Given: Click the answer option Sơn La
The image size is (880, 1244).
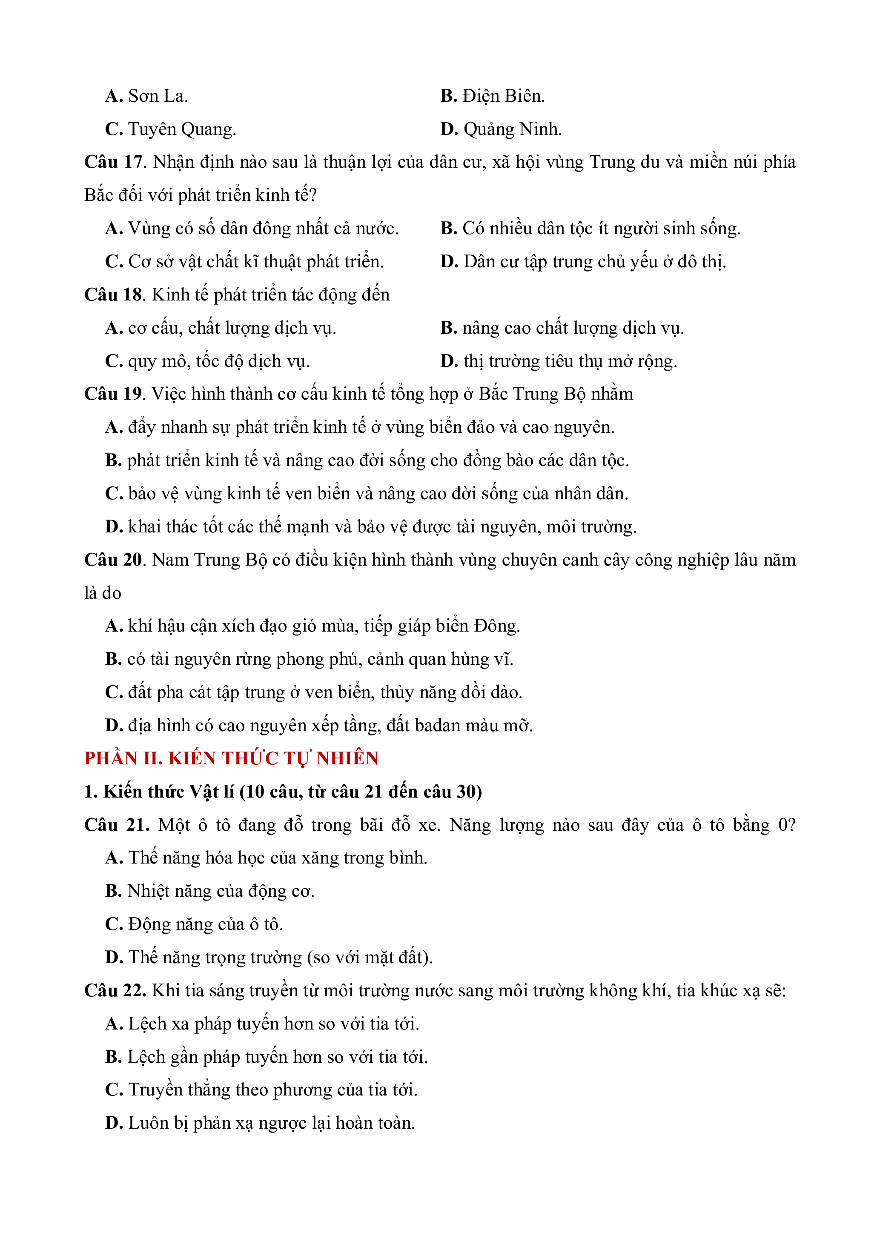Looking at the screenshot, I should pyautogui.click(x=157, y=97).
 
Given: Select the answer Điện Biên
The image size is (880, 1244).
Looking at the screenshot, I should pyautogui.click(x=503, y=97).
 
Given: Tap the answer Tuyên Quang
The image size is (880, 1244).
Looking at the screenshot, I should pyautogui.click(x=181, y=129).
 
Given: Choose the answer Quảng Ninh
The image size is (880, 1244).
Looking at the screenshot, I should pyautogui.click(x=512, y=129).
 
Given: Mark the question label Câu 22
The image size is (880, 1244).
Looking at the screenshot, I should pyautogui.click(x=115, y=990).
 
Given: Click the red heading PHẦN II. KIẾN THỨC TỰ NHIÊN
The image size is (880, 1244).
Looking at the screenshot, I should pyautogui.click(x=231, y=758).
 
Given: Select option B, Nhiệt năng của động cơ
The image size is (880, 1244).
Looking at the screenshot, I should pyautogui.click(x=221, y=891).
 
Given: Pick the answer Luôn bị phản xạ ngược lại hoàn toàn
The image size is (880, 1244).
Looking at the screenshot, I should pyautogui.click(x=271, y=1123).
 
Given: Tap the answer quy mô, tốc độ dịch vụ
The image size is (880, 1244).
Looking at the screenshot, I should pyautogui.click(x=218, y=361).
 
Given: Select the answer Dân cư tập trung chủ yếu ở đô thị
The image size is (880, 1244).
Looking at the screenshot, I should pyautogui.click(x=594, y=262).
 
